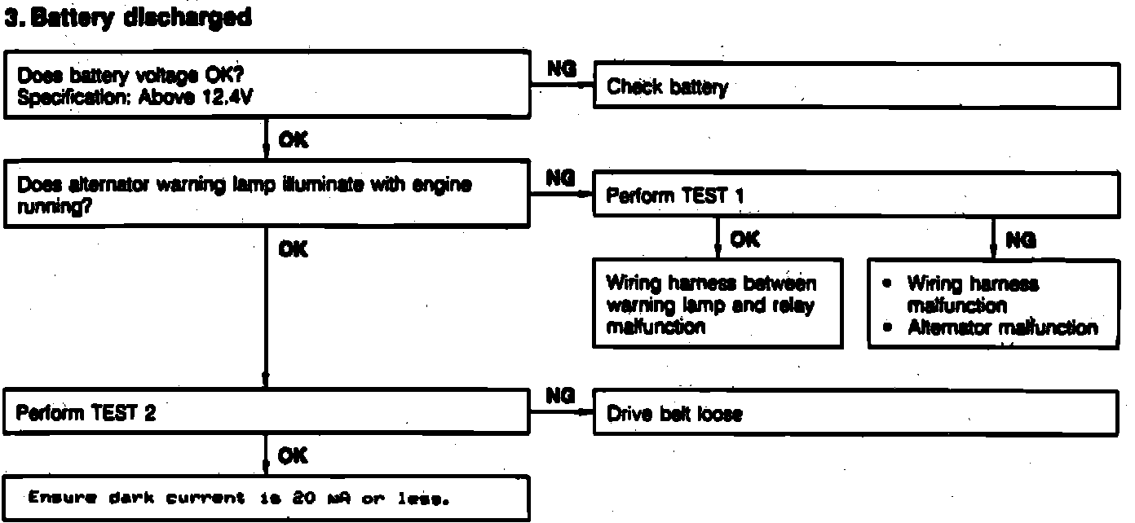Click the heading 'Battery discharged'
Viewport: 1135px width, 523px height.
(x=137, y=18)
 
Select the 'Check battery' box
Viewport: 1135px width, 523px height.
(x=856, y=86)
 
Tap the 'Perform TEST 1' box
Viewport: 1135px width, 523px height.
(x=856, y=196)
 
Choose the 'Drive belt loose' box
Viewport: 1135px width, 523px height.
(x=856, y=414)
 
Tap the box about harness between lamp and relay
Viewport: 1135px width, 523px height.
(x=718, y=304)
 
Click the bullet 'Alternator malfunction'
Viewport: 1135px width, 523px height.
(x=1002, y=327)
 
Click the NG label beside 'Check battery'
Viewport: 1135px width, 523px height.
(x=563, y=71)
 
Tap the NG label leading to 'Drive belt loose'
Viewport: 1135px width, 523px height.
(x=563, y=396)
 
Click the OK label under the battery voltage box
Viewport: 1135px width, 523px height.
(x=293, y=141)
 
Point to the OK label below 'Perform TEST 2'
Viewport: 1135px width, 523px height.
(x=293, y=456)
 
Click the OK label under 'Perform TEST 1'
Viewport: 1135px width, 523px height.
(x=744, y=240)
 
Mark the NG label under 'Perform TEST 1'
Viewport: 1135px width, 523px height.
(x=1021, y=240)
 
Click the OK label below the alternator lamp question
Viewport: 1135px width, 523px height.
(x=293, y=249)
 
